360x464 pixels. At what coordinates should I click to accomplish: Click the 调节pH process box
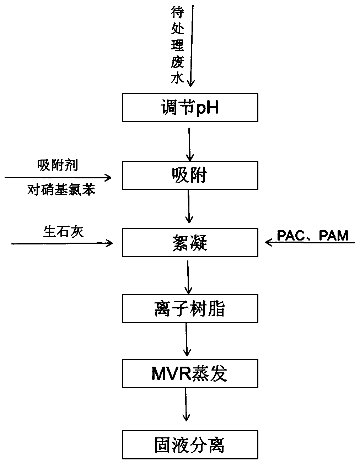[190, 108]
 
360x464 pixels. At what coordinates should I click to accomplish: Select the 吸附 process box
[190, 175]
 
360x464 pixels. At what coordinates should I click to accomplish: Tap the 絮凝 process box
[190, 243]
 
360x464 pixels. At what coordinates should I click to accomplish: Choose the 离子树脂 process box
[190, 308]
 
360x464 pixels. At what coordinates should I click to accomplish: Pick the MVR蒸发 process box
[190, 373]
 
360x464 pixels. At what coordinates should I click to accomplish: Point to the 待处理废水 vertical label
[177, 45]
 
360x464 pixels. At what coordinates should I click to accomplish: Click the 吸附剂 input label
[58, 165]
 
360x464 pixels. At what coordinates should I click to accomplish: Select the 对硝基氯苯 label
[61, 190]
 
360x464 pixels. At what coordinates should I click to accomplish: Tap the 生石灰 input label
[63, 232]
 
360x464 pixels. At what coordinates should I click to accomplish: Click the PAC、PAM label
[313, 236]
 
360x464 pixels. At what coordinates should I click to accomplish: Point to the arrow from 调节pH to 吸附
[189, 145]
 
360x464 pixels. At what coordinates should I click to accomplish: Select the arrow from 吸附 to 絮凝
[189, 206]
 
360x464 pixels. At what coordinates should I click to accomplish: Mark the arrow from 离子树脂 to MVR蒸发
[187, 340]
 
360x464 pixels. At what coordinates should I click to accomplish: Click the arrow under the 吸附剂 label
[58, 177]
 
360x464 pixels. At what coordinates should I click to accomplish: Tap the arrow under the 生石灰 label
[62, 243]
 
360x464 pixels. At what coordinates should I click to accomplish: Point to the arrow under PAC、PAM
[310, 242]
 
